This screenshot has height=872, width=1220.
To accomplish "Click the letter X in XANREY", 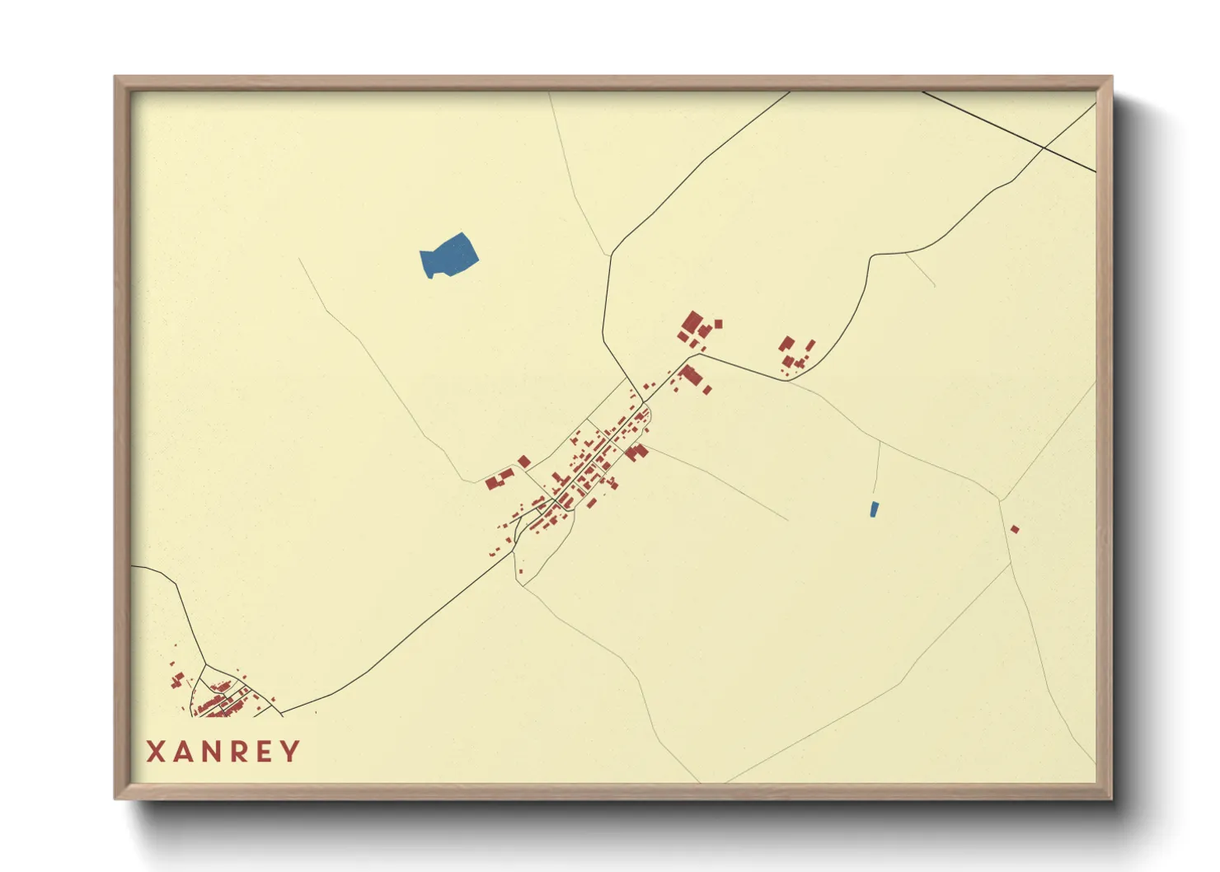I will (156, 752).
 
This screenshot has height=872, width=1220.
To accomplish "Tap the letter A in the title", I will (184, 752).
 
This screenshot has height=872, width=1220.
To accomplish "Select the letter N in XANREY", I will (213, 752).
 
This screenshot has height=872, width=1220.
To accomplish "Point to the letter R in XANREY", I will (241, 752).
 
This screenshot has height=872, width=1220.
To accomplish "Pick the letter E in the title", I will (265, 752).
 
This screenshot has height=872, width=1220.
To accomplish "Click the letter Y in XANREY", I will (290, 752).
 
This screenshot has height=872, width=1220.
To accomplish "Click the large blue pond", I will (448, 255).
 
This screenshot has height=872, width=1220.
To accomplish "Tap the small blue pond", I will (874, 509).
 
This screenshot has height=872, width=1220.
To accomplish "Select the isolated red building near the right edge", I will (1015, 529).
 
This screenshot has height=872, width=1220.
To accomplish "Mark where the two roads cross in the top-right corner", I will (1044, 148).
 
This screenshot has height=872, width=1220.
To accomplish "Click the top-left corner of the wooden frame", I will (116, 77).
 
